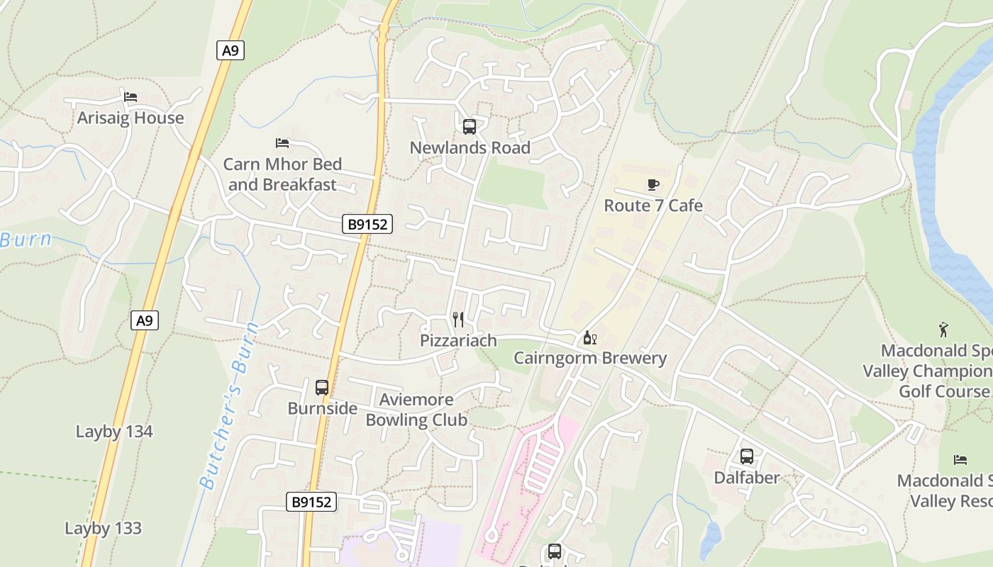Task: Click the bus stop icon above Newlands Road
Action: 469,127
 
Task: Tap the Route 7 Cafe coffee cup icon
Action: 653,185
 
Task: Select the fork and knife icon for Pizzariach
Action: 458,320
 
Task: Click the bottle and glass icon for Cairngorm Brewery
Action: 589,337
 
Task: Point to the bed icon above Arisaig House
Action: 130,97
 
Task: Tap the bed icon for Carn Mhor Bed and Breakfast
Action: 282,143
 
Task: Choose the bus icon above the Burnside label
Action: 322,388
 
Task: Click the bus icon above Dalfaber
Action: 746,456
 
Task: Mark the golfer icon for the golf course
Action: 943,330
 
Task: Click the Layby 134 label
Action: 114,432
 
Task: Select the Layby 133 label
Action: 103,529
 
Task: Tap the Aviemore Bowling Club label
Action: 416,410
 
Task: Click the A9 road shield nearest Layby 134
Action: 145,320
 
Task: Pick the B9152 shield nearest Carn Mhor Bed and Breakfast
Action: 367,225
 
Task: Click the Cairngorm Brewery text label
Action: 590,358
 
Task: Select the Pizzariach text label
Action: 458,341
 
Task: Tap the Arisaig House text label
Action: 131,118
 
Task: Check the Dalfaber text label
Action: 746,478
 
